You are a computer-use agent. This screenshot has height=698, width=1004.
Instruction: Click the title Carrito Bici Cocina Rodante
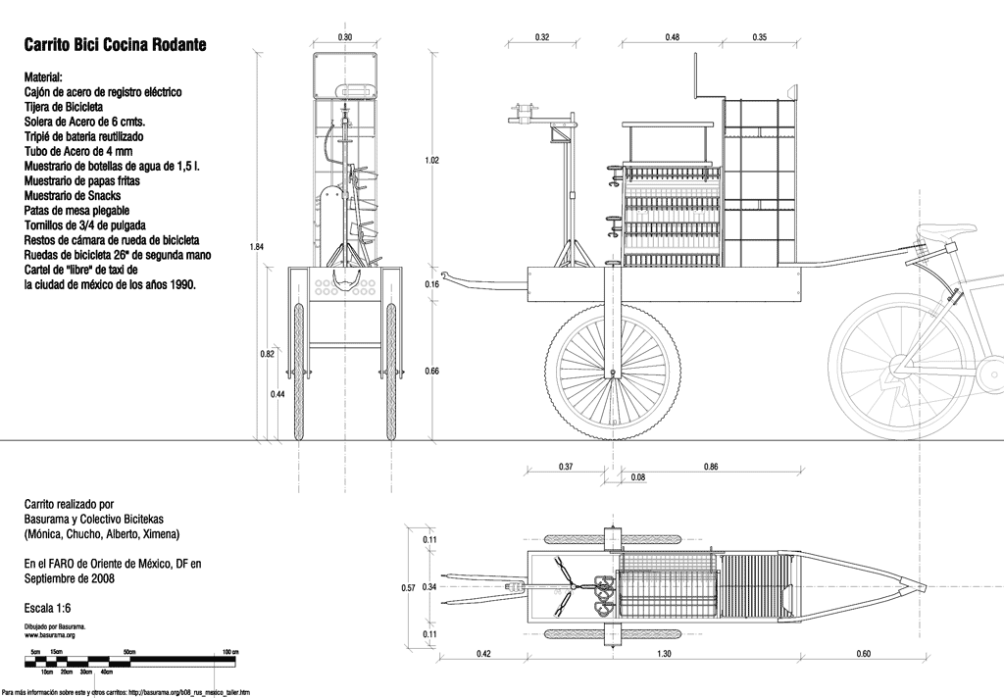[115, 45]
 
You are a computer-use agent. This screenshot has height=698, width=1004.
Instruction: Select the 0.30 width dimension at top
[345, 37]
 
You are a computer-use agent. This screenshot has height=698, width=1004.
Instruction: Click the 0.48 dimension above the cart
[673, 37]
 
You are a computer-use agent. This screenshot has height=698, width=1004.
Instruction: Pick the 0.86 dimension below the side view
[712, 467]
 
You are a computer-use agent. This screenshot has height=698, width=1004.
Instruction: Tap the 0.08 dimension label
[638, 477]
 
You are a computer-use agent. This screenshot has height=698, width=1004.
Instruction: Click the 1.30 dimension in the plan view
[665, 654]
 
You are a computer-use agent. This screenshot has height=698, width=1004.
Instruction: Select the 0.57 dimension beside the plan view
[410, 588]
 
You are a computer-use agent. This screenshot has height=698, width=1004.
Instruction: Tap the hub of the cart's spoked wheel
[615, 373]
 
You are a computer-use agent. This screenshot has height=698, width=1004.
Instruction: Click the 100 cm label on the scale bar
[229, 651]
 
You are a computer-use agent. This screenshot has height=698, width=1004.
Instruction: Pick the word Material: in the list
[44, 75]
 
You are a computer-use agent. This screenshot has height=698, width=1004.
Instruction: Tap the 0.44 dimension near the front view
[278, 394]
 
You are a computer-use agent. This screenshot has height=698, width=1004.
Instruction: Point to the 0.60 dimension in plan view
[864, 654]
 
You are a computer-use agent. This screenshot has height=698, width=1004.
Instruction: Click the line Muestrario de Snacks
[81, 196]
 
